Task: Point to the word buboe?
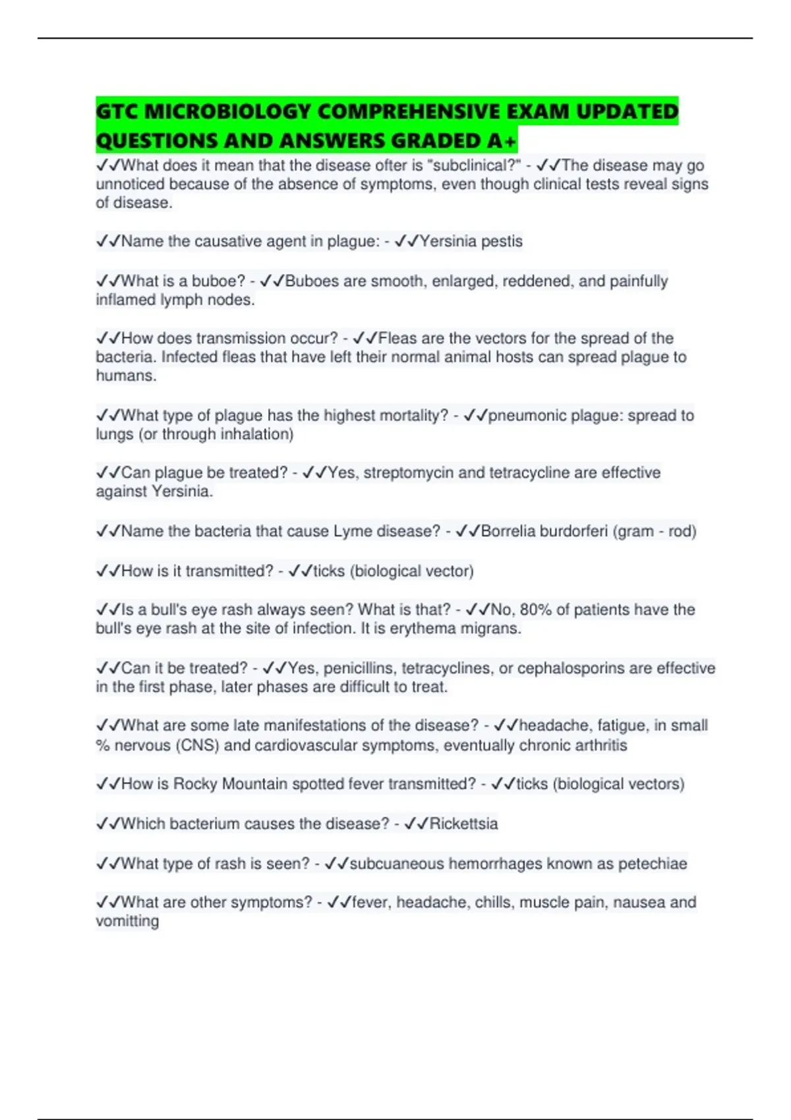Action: pyautogui.click(x=218, y=281)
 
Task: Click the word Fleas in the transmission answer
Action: pyautogui.click(x=397, y=339)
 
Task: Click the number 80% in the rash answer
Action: pyautogui.click(x=537, y=610)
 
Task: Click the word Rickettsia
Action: pyautogui.click(x=463, y=824)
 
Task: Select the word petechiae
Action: pyautogui.click(x=652, y=864)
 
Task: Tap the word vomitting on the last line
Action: pyautogui.click(x=127, y=921)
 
